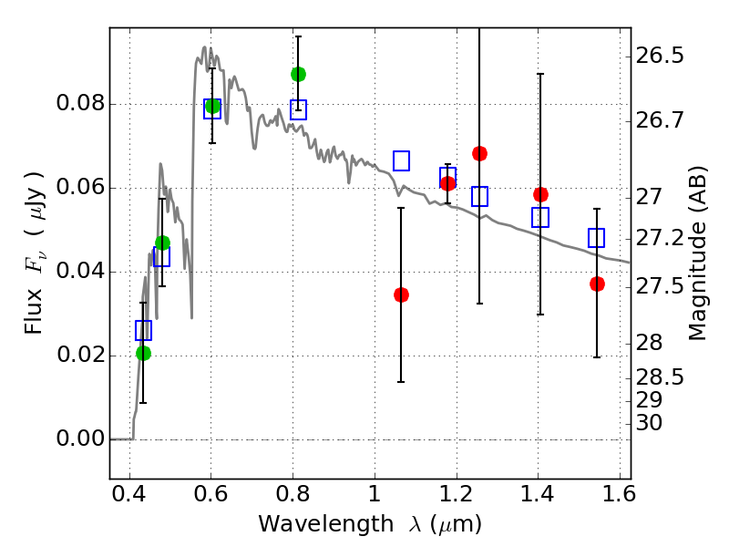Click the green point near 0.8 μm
(298, 74)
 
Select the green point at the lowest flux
(143, 353)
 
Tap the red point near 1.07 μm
(401, 294)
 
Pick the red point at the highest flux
(479, 153)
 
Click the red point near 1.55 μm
(597, 284)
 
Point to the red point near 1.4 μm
(540, 194)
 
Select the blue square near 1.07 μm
(401, 160)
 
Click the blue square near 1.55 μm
(597, 238)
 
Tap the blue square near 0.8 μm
(298, 109)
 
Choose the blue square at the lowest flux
(143, 330)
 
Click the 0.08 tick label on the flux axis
(79, 104)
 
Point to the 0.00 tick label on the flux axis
(79, 439)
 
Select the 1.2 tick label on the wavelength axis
(456, 495)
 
